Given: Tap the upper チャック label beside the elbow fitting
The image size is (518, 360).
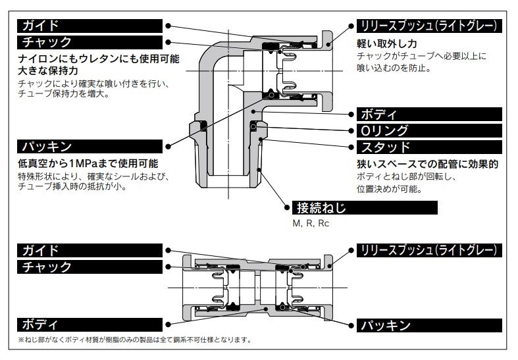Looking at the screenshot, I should click(47, 43).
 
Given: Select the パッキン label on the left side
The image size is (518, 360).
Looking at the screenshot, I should click(47, 145).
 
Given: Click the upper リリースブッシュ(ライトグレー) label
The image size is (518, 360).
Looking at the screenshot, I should click(432, 26).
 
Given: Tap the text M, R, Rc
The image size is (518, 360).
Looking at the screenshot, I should click(311, 224).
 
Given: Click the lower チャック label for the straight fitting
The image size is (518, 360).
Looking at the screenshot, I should click(47, 267).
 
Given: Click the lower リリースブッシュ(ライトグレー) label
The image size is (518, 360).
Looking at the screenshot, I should click(432, 250).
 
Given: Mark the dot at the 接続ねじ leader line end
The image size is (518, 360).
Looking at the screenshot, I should click(288, 209).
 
